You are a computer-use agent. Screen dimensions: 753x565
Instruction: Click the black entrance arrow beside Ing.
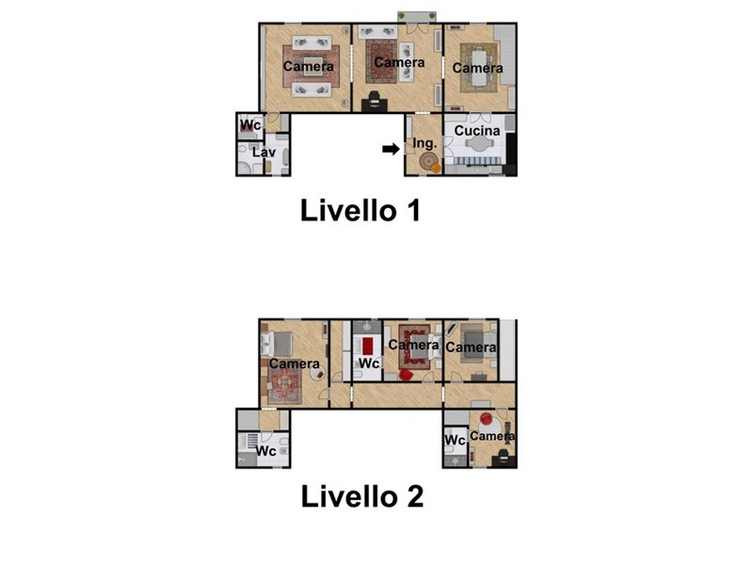coord(391,149)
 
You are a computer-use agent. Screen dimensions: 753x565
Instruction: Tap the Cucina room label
coord(477,131)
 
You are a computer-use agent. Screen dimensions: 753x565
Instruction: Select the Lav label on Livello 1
coord(264,153)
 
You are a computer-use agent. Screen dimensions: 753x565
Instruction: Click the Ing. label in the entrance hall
coord(425,143)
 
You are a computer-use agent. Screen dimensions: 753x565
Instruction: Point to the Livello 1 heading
coord(360,210)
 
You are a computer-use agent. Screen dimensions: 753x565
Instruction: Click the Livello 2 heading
coord(362,496)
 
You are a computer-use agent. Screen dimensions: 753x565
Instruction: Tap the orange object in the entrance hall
coord(435,168)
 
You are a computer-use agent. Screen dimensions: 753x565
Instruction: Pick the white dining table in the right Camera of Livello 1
coord(478,68)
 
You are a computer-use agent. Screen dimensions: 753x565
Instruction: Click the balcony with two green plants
coord(417,16)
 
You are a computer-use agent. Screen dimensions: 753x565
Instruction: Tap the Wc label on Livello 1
coord(250,125)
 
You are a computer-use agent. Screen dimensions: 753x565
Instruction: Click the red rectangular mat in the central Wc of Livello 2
coord(368,346)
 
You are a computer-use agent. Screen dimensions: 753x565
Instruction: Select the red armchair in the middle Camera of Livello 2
coord(406,375)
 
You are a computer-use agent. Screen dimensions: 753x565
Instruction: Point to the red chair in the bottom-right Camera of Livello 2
coord(486,419)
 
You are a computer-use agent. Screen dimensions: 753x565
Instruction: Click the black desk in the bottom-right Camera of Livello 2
coord(504,460)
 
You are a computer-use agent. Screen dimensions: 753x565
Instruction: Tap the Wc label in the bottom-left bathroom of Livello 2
coord(266,451)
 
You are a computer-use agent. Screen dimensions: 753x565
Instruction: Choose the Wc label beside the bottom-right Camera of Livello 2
coord(455,440)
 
